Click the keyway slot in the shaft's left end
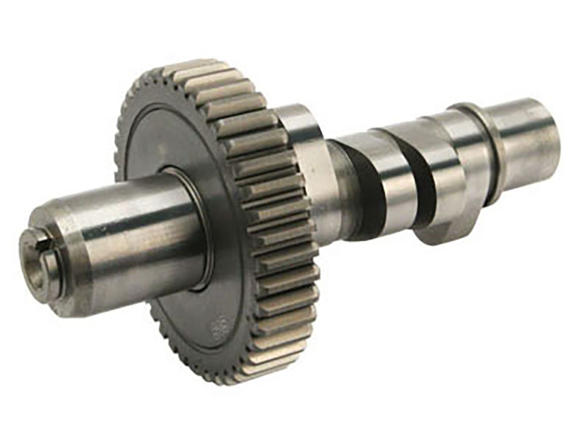tap(36, 238)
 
